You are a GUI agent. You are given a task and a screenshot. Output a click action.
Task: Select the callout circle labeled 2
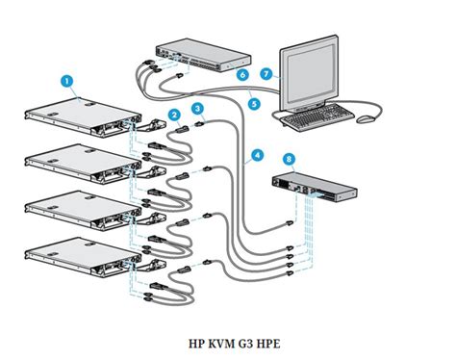(x=174, y=116)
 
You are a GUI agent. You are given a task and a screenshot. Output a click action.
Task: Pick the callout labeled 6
(x=242, y=74)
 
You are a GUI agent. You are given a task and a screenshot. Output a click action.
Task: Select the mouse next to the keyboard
(x=365, y=118)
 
